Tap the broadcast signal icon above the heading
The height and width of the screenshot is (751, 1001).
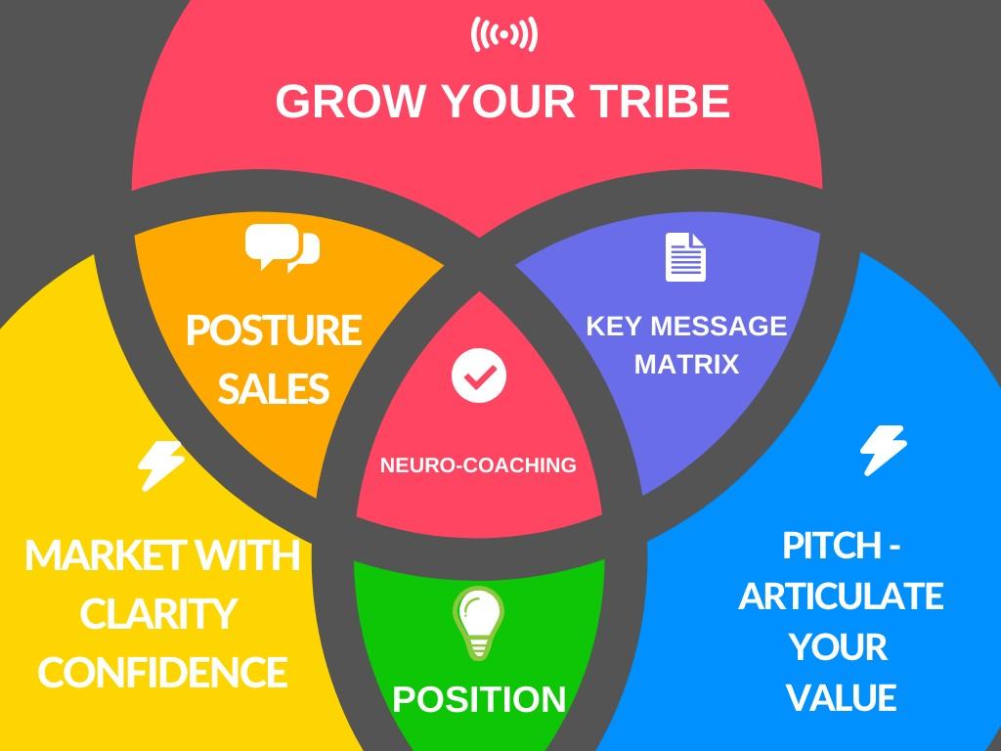click(503, 35)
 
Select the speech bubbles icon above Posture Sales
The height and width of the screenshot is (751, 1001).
click(282, 247)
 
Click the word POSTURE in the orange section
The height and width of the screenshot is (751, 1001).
click(274, 331)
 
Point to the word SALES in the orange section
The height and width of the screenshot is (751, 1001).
click(273, 388)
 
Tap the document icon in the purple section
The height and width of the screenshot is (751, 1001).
click(685, 257)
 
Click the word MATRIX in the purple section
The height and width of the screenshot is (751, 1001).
click(686, 365)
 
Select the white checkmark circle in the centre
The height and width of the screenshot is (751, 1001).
click(479, 374)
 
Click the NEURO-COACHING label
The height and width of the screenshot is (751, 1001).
click(478, 465)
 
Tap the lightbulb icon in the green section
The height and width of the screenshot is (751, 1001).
click(478, 624)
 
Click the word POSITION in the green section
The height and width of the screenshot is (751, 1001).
click(479, 699)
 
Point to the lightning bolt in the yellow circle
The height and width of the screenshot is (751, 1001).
click(160, 465)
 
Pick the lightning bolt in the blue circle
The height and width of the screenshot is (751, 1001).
click(883, 450)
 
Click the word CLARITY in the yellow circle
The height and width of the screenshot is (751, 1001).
click(158, 615)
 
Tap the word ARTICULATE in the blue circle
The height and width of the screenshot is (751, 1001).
click(841, 596)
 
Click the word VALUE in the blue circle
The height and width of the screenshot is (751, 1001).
click(841, 698)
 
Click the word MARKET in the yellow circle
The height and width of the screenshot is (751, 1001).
click(94, 556)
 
